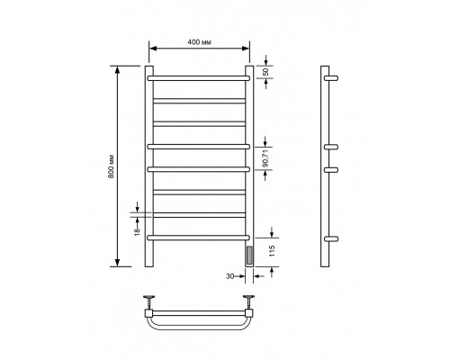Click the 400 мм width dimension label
pos(199,42)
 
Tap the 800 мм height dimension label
pos(111,166)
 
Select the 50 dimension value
pos(265,72)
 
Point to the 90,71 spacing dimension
pos(265,158)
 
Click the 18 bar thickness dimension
pos(138,231)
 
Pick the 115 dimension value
pos(272,251)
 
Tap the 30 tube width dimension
pos(229,276)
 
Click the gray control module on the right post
pos(249,256)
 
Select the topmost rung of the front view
pos(198,78)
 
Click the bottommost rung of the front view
pos(198,238)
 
